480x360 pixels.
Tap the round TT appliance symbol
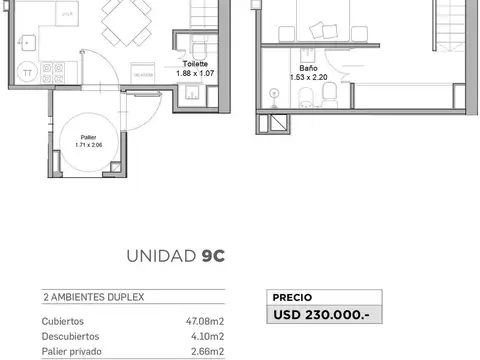[28, 73]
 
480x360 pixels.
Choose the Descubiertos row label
[70, 336]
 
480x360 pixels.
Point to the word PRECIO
[293, 297]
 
